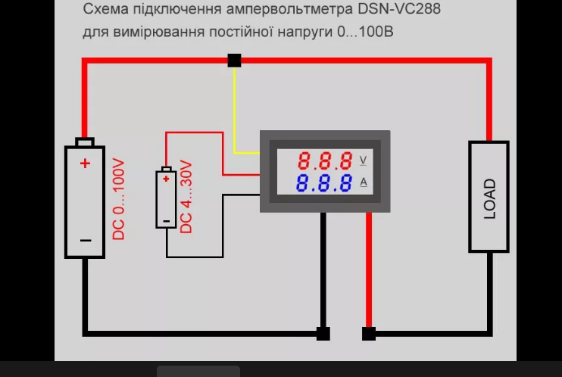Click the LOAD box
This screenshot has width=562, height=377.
point(489,196)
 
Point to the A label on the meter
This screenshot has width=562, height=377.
point(364,182)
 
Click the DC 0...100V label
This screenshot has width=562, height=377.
point(118,199)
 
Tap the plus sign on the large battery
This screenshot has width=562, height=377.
point(85,163)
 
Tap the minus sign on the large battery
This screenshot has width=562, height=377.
point(85,241)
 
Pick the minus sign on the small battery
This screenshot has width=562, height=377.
point(166,221)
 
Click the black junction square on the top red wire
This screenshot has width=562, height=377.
point(234,61)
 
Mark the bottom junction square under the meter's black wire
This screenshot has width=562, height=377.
point(323,334)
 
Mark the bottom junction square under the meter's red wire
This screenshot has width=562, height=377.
point(369,334)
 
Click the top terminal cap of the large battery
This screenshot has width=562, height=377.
point(85,142)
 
